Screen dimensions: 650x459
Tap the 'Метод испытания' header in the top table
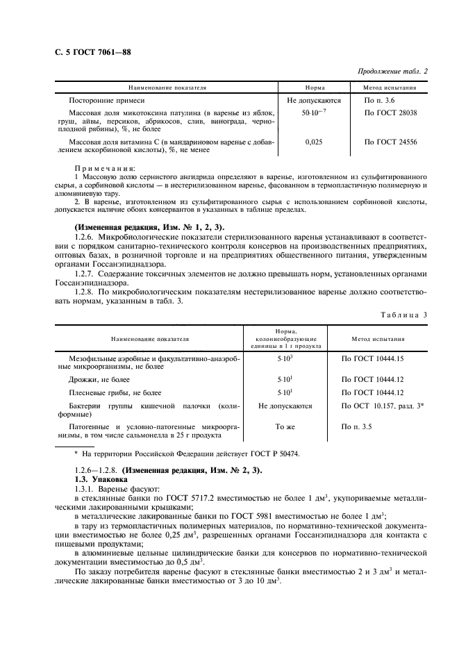coord(390,88)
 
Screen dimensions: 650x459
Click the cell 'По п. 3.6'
coord(379,101)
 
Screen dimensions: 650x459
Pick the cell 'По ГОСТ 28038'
coord(390,112)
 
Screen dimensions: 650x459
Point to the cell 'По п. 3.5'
coord(357,426)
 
